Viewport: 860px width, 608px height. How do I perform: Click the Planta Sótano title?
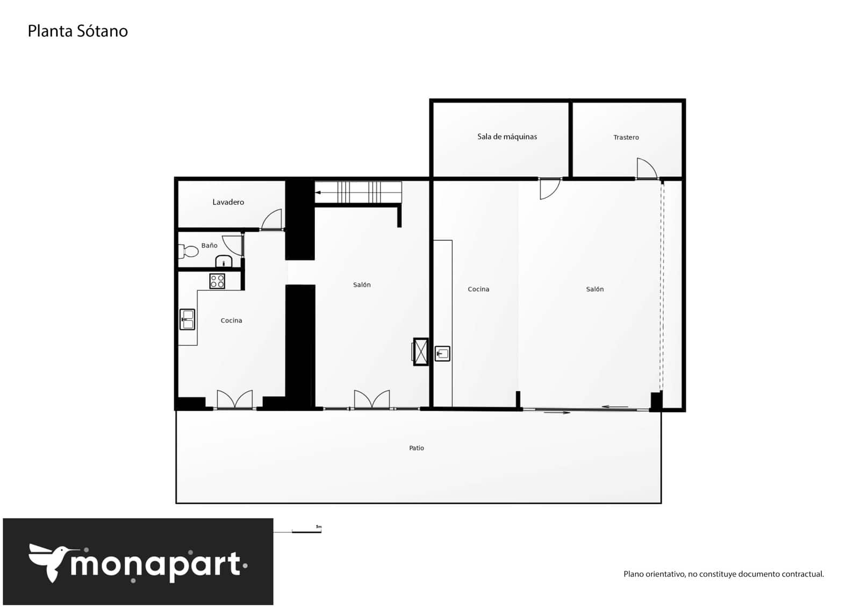77,31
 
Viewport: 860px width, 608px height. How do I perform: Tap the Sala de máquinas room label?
507,137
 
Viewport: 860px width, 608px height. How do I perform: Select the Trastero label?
626,137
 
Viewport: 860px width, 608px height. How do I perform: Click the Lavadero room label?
228,202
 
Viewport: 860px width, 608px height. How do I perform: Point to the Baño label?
209,245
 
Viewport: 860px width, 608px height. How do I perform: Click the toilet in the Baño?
189,251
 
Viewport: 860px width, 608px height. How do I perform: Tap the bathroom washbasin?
224,262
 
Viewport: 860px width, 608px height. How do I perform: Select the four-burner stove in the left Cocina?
217,281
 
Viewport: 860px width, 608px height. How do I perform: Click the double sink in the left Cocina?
187,319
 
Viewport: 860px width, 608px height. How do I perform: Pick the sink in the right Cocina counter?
442,353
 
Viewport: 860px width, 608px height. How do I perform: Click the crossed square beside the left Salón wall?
420,352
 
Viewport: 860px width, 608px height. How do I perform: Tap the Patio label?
416,448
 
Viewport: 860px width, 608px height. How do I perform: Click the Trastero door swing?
646,168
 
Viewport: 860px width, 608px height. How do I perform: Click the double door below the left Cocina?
234,400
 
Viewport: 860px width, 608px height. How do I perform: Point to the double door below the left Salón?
372,400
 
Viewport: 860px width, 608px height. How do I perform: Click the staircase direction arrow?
319,192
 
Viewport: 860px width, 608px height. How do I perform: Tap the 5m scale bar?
306,531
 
